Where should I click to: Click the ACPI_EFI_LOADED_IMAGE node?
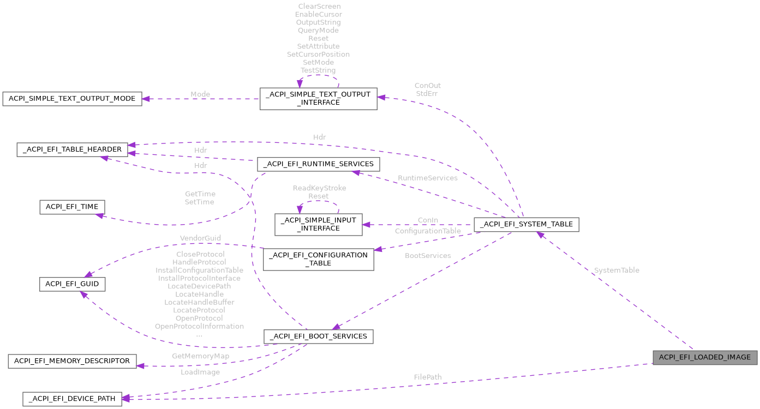pyautogui.click(x=705, y=357)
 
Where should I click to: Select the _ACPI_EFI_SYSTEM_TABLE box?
pyautogui.click(x=526, y=224)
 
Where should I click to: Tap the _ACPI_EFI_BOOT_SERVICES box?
pyautogui.click(x=318, y=336)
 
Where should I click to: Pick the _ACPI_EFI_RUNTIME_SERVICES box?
pyautogui.click(x=319, y=164)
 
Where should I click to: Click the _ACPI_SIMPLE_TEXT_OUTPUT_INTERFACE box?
pyautogui.click(x=318, y=98)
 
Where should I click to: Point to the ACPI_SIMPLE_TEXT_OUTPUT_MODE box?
pyautogui.click(x=72, y=99)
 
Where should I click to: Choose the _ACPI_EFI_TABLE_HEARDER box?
pyautogui.click(x=73, y=149)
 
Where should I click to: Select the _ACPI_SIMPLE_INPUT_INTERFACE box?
pyautogui.click(x=318, y=224)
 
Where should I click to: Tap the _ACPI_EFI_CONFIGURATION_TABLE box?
pyautogui.click(x=318, y=259)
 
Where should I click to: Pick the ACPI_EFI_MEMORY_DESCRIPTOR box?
pyautogui.click(x=72, y=361)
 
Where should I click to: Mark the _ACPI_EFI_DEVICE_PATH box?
pyautogui.click(x=72, y=399)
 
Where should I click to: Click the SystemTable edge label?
pyautogui.click(x=617, y=270)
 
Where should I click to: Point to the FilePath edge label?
pyautogui.click(x=428, y=377)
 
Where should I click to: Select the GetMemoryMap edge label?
pyautogui.click(x=200, y=356)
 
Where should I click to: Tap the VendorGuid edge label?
pyautogui.click(x=200, y=238)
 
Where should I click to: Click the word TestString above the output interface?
pyautogui.click(x=318, y=70)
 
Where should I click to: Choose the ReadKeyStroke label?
pyautogui.click(x=319, y=188)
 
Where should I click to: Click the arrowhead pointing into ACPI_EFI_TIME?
pyautogui.click(x=99, y=215)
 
